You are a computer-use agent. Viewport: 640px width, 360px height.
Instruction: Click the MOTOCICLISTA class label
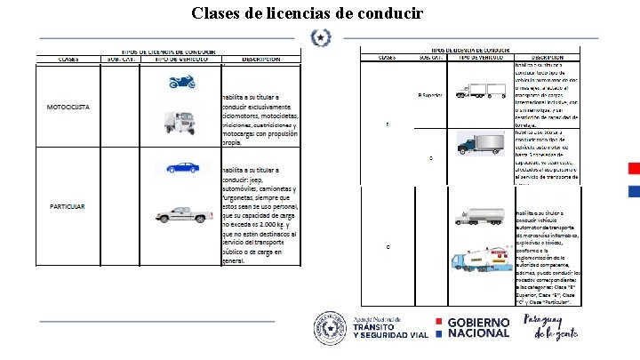[x=68, y=108]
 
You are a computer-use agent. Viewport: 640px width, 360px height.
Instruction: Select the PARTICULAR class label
[x=68, y=207]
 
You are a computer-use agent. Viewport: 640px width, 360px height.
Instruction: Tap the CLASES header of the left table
[x=68, y=60]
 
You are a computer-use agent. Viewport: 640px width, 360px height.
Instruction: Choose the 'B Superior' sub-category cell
[x=429, y=95]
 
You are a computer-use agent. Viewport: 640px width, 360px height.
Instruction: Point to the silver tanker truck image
[x=480, y=215]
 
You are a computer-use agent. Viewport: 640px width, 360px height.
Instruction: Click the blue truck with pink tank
[x=480, y=257]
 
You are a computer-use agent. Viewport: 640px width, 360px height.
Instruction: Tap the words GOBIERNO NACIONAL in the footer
[x=478, y=327]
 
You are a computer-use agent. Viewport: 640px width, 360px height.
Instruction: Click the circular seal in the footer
[x=327, y=327]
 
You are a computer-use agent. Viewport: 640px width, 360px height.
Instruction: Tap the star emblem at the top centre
[x=319, y=38]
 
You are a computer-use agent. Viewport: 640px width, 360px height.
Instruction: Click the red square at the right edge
[x=634, y=169]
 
